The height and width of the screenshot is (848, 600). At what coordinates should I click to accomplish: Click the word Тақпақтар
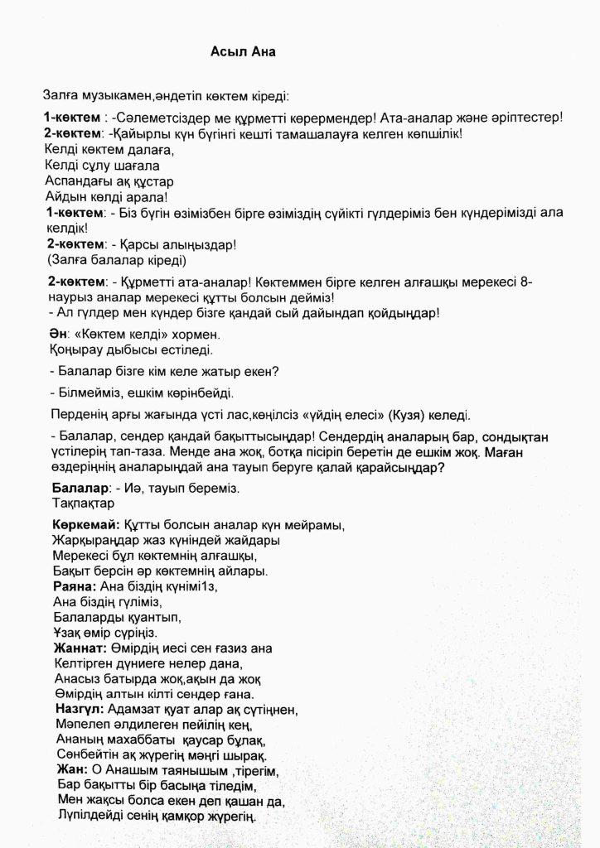(x=83, y=503)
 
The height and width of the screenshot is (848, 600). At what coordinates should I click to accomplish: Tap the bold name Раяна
(x=74, y=585)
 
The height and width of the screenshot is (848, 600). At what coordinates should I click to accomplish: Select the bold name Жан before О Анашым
(x=69, y=770)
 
